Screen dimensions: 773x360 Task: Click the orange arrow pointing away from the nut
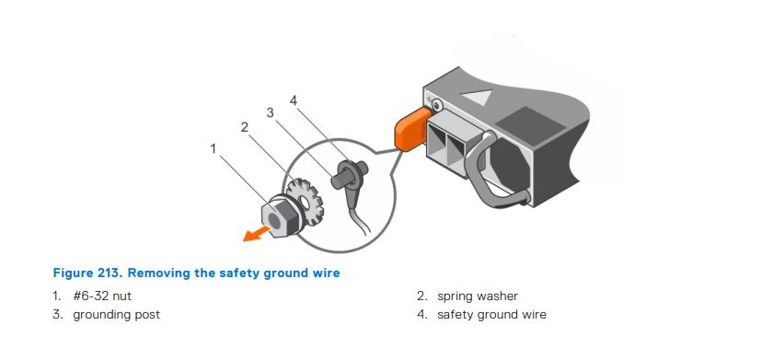(x=258, y=234)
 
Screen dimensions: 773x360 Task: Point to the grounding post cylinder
(x=339, y=178)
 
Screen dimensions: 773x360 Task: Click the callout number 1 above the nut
(x=213, y=148)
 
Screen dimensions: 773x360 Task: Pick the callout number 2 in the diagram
(x=245, y=127)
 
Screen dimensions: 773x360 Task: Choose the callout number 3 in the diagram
(x=270, y=113)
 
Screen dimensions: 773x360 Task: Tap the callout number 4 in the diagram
(x=294, y=100)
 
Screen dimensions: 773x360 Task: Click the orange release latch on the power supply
(x=411, y=128)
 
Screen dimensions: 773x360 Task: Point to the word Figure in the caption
(x=73, y=273)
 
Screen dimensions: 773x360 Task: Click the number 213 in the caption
(x=110, y=273)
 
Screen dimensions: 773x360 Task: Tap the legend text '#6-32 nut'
(x=102, y=296)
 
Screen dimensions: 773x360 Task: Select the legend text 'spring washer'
(x=478, y=296)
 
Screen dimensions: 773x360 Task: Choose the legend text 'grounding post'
(x=116, y=315)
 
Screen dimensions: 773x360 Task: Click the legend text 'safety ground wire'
(x=491, y=315)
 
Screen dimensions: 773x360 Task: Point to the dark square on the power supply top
(x=530, y=123)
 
